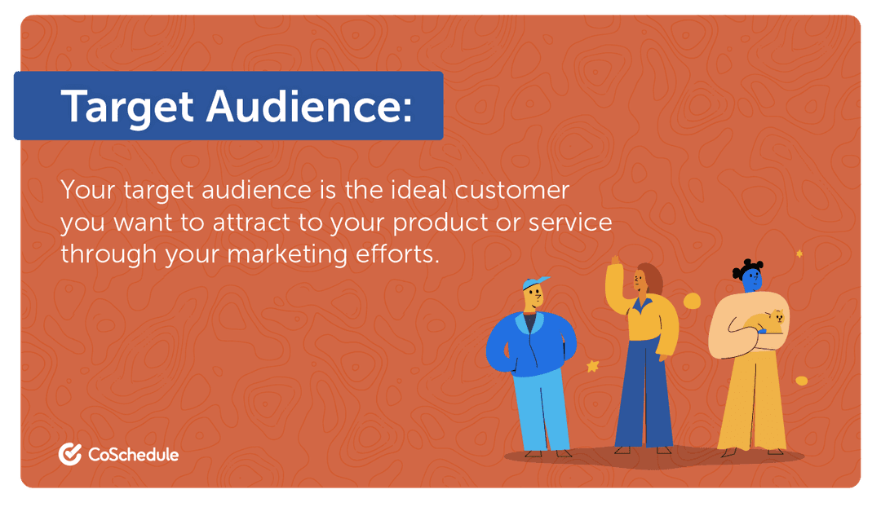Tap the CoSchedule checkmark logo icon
[x=69, y=454]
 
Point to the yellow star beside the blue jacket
[x=592, y=367]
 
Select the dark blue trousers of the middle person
[x=644, y=391]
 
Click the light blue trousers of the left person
[x=541, y=408]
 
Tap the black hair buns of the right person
[x=749, y=265]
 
